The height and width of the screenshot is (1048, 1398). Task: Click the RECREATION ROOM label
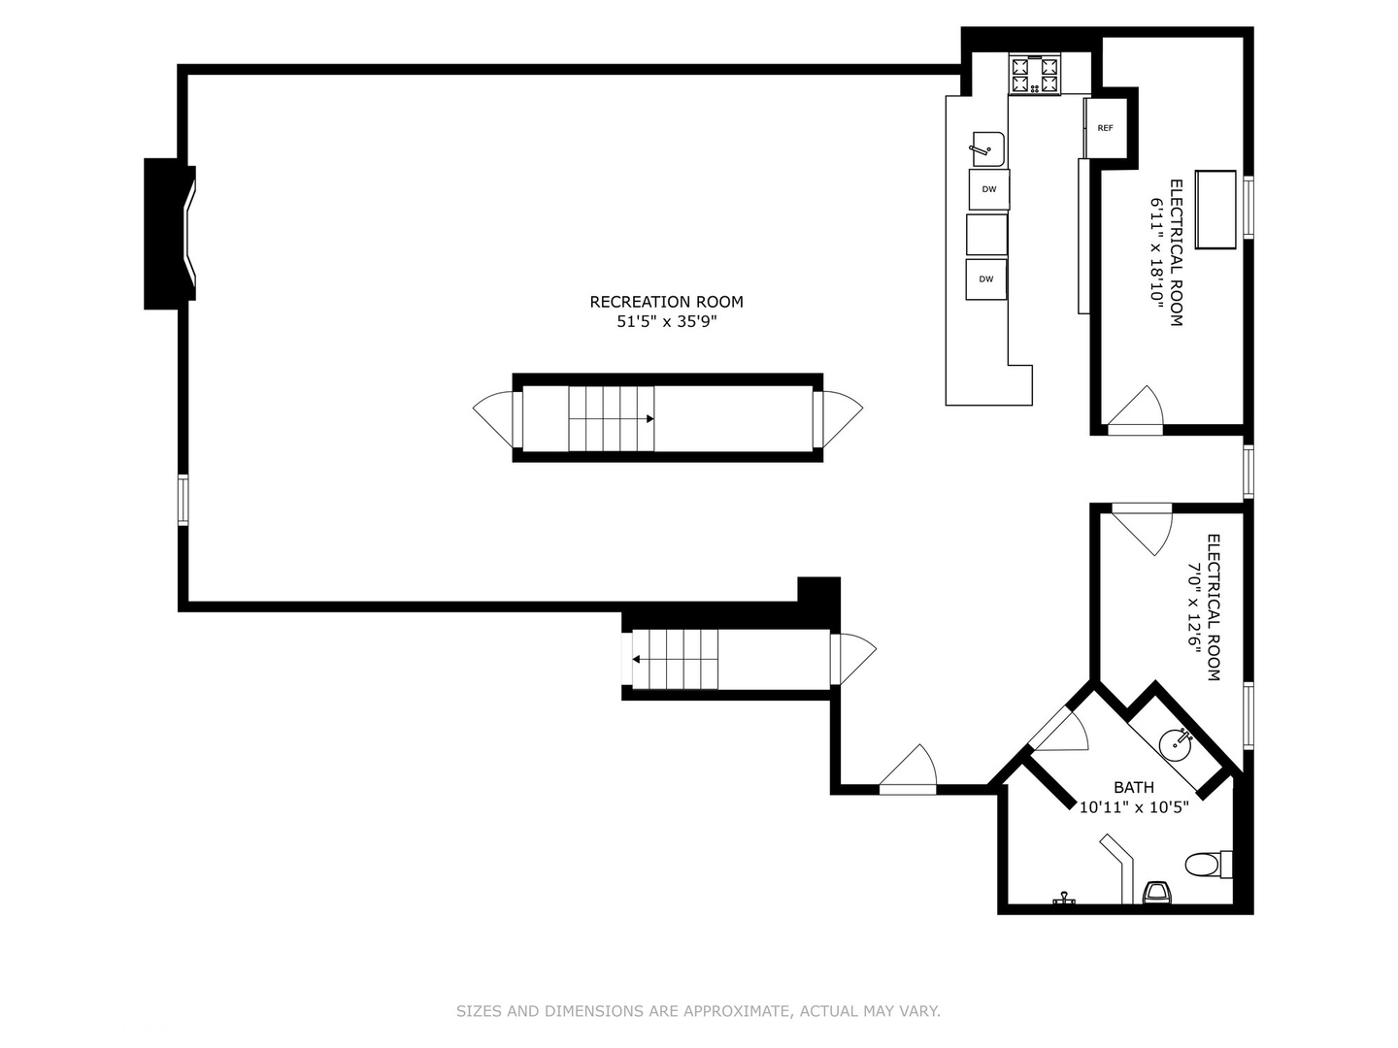coord(666,302)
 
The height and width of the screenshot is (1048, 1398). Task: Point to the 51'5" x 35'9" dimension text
coord(666,321)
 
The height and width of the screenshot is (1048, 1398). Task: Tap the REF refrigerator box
coord(1105,128)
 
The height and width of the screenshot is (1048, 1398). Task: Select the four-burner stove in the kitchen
coord(1034,75)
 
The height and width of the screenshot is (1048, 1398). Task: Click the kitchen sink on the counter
coord(988,148)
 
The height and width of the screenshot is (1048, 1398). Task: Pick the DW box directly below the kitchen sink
coord(989,189)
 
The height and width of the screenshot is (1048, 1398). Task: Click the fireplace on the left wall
coord(170,234)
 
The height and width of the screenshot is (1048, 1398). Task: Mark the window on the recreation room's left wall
coord(183,500)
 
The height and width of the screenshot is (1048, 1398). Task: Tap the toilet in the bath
coord(1209,864)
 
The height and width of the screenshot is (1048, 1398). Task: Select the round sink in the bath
coord(1175,744)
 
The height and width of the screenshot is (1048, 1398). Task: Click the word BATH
coord(1134,787)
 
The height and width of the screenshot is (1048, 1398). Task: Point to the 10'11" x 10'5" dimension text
coord(1134,807)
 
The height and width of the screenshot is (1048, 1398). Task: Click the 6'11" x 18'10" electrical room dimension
coord(1157,252)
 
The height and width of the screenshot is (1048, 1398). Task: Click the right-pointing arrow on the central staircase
coord(649,418)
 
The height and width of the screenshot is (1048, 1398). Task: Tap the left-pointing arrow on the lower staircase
coord(636,659)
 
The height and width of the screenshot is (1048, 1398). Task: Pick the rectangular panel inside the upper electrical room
coord(1215,210)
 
